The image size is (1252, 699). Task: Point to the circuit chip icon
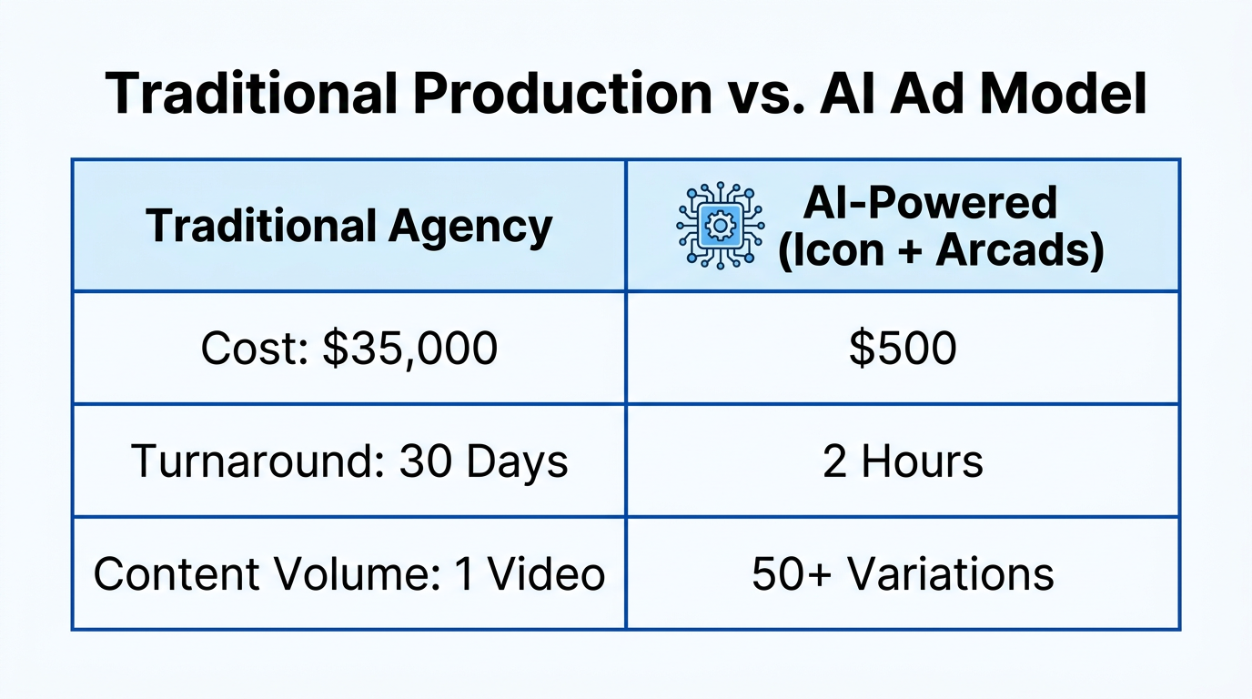[x=721, y=226]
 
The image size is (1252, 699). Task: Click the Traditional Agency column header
[x=348, y=226]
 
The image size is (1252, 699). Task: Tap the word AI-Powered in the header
[x=929, y=202]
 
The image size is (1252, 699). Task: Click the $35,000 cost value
[x=409, y=349]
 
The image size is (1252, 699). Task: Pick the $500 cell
[x=903, y=349]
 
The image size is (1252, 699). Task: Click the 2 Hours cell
[x=903, y=461]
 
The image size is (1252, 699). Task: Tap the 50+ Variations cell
[x=903, y=574]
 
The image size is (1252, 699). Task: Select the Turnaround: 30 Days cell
[x=349, y=461]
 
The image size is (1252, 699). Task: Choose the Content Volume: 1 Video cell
[x=349, y=574]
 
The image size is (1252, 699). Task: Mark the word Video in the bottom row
[x=547, y=574]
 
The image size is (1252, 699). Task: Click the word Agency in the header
[x=470, y=226]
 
